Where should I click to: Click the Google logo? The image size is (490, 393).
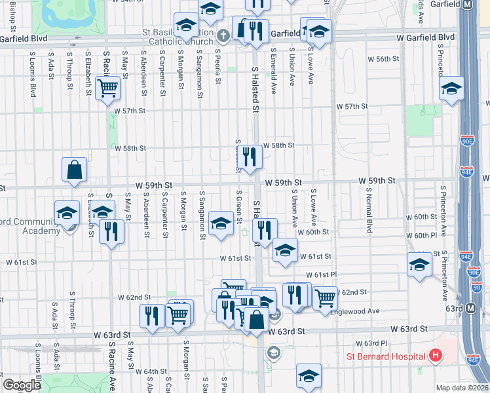pyautogui.click(x=22, y=385)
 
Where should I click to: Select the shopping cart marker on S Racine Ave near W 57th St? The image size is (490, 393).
pyautogui.click(x=107, y=88)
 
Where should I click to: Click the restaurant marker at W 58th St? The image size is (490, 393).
pyautogui.click(x=249, y=157)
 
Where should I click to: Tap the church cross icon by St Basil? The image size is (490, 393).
pyautogui.click(x=223, y=35)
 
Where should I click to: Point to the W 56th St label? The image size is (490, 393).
pyautogui.click(x=383, y=59)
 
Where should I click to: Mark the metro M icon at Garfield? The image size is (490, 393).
pyautogui.click(x=468, y=5)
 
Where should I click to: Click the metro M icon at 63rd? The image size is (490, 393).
pyautogui.click(x=471, y=309)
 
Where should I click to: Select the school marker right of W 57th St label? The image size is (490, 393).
pyautogui.click(x=451, y=88)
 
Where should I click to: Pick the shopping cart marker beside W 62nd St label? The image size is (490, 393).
pyautogui.click(x=325, y=298)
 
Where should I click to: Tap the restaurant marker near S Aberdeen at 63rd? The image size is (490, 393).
pyautogui.click(x=152, y=316)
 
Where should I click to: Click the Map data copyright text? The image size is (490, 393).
pyautogui.click(x=461, y=387)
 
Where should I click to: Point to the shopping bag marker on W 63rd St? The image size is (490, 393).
pyautogui.click(x=258, y=320)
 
